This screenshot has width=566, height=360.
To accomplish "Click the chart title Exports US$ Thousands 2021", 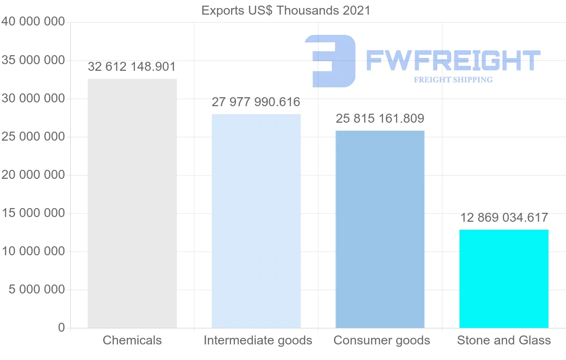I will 286,10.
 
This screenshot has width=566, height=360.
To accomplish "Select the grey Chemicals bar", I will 132,203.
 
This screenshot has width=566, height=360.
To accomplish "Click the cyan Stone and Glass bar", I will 504,278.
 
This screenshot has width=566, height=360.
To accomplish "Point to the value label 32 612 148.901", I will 132,67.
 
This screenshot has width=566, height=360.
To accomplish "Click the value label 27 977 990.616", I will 256,102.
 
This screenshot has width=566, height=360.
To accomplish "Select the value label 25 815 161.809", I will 380,118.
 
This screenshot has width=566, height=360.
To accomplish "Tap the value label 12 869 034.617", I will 504,218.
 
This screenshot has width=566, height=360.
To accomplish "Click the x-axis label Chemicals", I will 132,340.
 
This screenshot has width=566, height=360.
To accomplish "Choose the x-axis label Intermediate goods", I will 258,340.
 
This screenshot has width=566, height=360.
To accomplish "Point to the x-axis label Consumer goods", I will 382,340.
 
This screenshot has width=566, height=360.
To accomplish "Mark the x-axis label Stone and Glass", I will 504,340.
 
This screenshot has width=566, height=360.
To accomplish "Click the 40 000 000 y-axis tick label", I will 33,22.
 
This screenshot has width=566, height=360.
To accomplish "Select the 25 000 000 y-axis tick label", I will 33,137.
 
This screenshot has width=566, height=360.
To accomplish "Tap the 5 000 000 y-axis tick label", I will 37,289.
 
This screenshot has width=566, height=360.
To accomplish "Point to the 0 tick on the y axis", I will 61,327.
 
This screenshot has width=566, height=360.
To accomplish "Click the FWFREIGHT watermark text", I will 453,60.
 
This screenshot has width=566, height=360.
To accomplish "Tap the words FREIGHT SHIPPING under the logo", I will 453,80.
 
